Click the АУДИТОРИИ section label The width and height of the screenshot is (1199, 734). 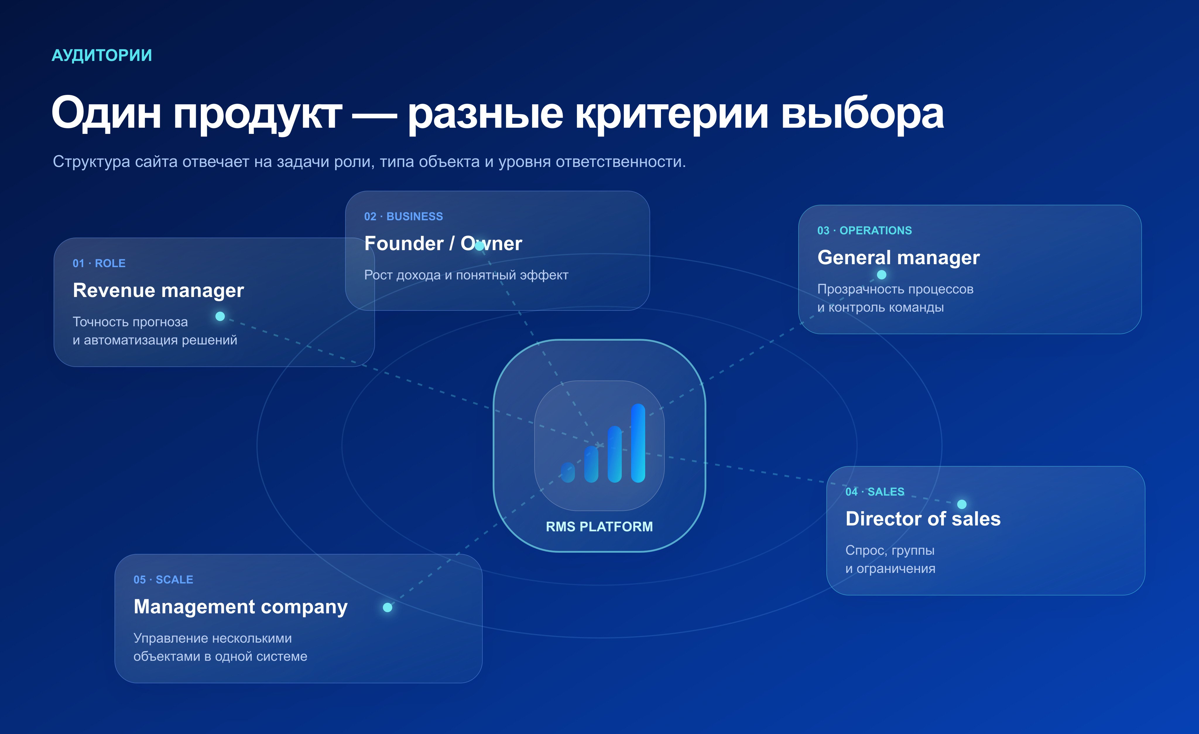pos(102,55)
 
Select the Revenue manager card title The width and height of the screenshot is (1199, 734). pos(158,291)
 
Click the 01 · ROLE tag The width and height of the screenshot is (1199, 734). pos(99,263)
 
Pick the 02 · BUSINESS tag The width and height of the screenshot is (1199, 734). pos(403,217)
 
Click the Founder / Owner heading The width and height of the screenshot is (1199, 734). pos(443,243)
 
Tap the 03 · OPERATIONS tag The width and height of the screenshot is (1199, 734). pos(864,231)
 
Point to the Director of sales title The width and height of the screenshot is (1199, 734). pos(923,519)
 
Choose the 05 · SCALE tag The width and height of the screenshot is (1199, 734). pos(163,580)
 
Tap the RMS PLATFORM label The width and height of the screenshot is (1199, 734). pos(599,527)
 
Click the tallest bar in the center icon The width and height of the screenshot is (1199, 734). pos(638,443)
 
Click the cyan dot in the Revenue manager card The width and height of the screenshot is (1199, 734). pos(220,316)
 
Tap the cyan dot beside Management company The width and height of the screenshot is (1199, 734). pos(387,607)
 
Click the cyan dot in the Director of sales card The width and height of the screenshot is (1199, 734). pos(962,504)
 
